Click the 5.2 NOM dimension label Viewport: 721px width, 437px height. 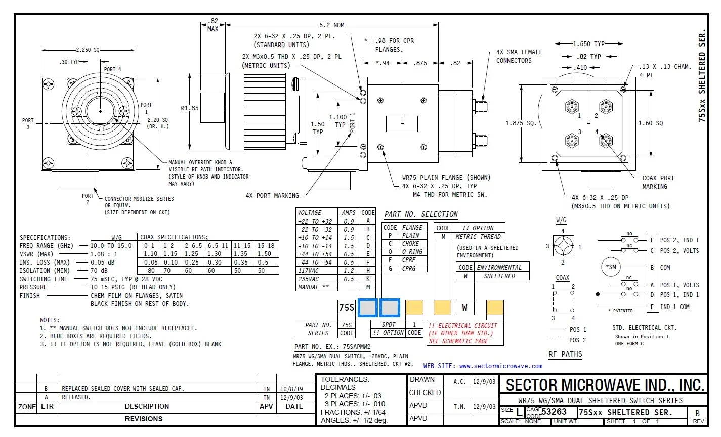tap(331, 25)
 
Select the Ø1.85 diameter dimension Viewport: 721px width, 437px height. tap(190, 108)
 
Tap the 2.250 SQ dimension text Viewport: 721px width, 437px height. tap(88, 50)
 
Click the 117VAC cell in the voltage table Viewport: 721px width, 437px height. tap(308, 271)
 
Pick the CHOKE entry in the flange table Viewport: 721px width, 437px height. tap(410, 244)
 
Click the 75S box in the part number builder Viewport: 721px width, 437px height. tap(347, 308)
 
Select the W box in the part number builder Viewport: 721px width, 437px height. tap(465, 308)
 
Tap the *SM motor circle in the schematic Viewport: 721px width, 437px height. tap(611, 267)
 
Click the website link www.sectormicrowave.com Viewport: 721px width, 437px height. tap(500, 366)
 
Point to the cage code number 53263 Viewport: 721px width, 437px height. tap(554, 412)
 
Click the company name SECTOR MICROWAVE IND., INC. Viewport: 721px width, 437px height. tap(605, 385)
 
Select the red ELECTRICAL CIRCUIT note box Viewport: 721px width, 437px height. tap(465, 333)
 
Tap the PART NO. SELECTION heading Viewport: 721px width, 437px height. tap(421, 214)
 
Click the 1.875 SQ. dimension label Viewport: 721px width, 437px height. tap(521, 123)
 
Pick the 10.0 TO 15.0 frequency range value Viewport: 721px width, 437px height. tap(111, 246)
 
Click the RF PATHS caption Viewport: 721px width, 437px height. tap(565, 354)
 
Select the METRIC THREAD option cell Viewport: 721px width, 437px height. tap(478, 237)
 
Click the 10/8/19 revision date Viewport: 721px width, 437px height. tap(291, 389)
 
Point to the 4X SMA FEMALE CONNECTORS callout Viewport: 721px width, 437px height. tap(519, 56)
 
